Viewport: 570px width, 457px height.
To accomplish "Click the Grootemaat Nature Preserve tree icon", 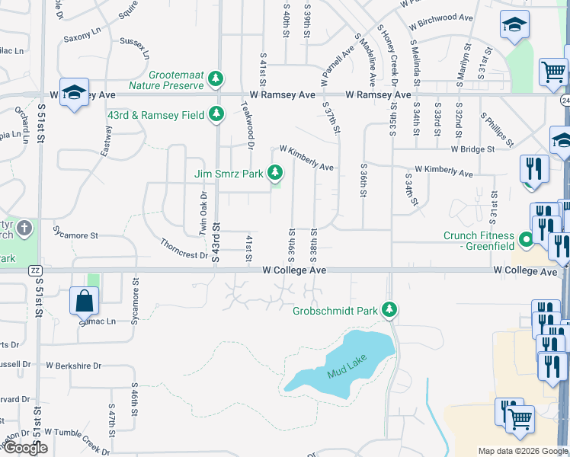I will click(x=216, y=78).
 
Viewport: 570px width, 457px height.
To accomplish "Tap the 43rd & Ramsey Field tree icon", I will click(x=217, y=114).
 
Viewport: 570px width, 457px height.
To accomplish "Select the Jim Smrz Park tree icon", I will click(x=274, y=174).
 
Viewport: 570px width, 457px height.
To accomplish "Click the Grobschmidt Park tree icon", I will click(x=389, y=309).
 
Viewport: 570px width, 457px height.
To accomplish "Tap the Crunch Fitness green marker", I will click(x=525, y=241).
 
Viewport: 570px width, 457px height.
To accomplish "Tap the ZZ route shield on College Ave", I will click(x=34, y=270).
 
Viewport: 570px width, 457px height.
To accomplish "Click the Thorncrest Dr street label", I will click(x=184, y=249).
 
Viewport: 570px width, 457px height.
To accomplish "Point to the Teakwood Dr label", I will click(x=247, y=124).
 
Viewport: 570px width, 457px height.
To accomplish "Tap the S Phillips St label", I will click(x=497, y=130).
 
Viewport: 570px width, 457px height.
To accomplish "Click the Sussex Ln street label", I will click(x=134, y=45).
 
